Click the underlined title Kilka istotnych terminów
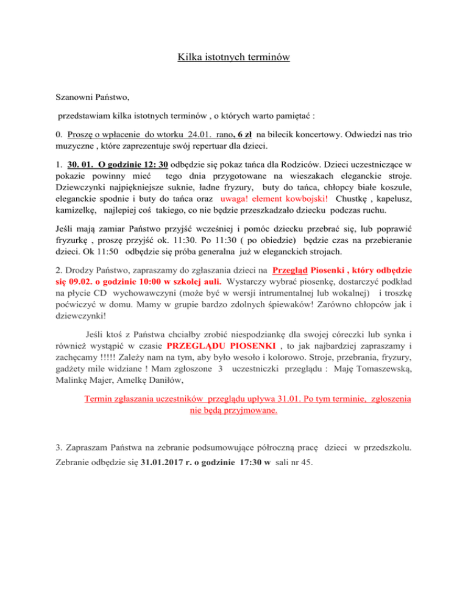(234, 59)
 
